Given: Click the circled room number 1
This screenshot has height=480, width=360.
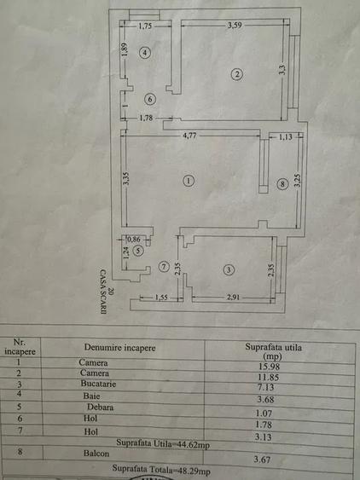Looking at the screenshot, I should (189, 180).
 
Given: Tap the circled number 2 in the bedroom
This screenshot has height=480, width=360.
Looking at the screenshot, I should (237, 75).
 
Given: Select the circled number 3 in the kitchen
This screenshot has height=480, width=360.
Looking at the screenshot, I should (228, 270).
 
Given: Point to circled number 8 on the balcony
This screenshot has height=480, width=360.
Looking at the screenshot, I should (282, 183).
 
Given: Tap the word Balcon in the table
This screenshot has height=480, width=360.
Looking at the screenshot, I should (97, 454).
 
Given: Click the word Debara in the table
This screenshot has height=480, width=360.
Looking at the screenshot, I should (103, 407).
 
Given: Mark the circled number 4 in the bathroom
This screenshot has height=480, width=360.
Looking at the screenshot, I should (145, 53).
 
